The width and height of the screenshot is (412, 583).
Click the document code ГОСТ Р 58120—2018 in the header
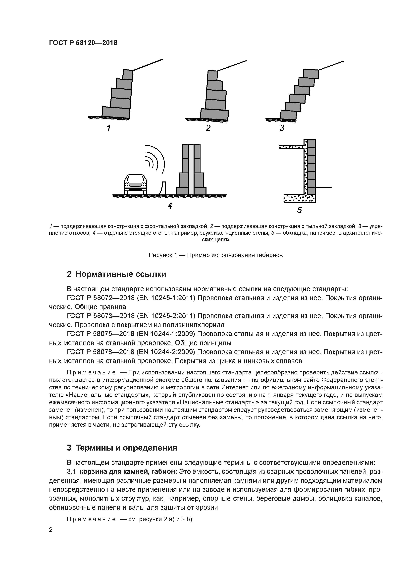[x=83, y=43]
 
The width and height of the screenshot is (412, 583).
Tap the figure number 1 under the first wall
[x=109, y=128]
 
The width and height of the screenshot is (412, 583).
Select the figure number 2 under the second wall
[x=208, y=128]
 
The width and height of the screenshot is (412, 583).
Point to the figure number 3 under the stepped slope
[x=282, y=128]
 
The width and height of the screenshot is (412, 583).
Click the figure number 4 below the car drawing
[x=170, y=206]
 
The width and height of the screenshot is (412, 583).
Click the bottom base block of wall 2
[x=214, y=114]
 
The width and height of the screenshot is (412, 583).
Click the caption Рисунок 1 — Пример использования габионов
[x=215, y=255]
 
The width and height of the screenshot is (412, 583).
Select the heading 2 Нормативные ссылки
[x=116, y=274]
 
